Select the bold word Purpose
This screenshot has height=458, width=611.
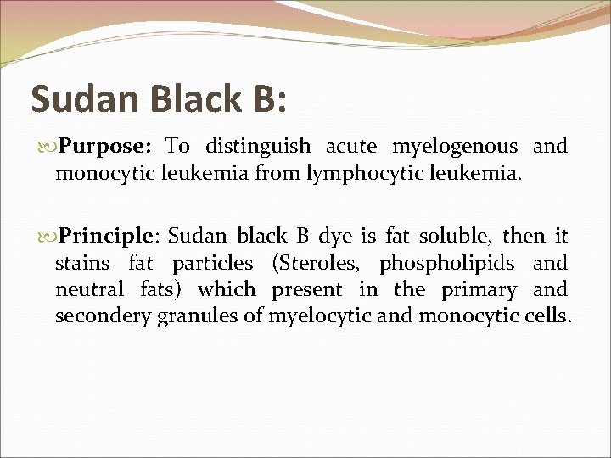click(x=104, y=147)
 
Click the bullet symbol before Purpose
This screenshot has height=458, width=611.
click(x=48, y=147)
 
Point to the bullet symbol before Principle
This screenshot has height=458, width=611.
click(x=48, y=235)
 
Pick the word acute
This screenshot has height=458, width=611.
click(x=351, y=146)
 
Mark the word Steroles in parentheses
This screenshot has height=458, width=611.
click(x=320, y=263)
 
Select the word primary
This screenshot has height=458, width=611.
click(x=479, y=290)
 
